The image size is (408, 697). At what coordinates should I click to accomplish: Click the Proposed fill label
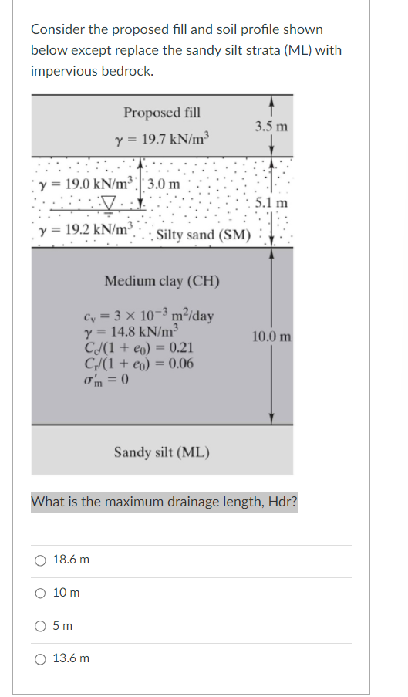pyautogui.click(x=162, y=113)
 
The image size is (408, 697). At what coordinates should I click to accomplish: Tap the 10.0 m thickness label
pyautogui.click(x=271, y=337)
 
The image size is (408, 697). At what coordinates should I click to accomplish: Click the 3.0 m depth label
pyautogui.click(x=164, y=184)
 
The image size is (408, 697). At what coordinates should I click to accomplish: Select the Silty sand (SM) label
pyautogui.click(x=203, y=234)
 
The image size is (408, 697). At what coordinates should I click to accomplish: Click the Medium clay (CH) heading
pyautogui.click(x=162, y=280)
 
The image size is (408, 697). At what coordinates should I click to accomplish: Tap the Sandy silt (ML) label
pyautogui.click(x=162, y=452)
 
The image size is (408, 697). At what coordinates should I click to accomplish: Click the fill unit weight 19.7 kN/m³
pyautogui.click(x=161, y=139)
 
